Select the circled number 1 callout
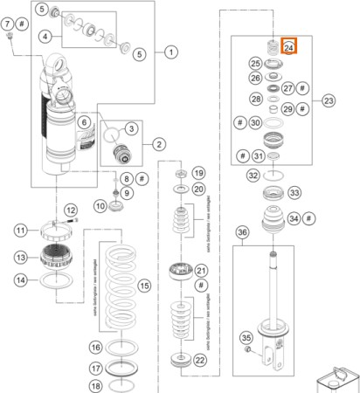coord(171,52)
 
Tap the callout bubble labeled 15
coord(145,285)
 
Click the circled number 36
coord(243,231)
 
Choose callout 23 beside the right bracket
coord(329,101)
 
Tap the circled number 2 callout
coord(160,143)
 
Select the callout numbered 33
coord(294,193)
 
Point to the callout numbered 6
coord(84,123)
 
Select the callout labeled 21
coord(200,272)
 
